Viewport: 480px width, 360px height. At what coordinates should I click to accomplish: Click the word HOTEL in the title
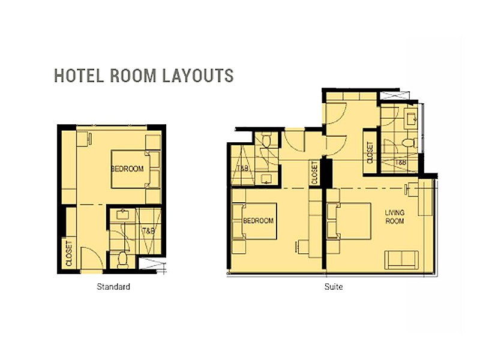coord(79,76)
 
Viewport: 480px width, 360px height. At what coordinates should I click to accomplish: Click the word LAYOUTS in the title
coord(198,76)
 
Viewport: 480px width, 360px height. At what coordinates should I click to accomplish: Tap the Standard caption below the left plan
coord(113,287)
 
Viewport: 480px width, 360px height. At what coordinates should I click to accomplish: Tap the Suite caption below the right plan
coord(334,287)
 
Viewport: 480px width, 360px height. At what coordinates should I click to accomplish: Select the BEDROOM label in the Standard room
coord(127,169)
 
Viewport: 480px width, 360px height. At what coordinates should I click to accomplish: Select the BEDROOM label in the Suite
coord(258,221)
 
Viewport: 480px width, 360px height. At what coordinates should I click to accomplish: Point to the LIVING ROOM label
coord(395,217)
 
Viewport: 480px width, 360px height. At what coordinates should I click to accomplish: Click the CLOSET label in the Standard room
coord(69,253)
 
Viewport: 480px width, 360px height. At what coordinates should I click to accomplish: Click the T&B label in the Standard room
coord(148,231)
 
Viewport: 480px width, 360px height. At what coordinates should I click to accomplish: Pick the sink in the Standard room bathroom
coord(123,214)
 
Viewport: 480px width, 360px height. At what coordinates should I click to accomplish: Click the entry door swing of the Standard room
coord(92,258)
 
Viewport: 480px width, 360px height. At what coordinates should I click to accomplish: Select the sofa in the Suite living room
coord(401,260)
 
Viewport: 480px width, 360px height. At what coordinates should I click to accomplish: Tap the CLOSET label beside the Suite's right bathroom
coord(370,152)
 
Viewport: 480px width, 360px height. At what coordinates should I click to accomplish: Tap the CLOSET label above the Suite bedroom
coord(314,173)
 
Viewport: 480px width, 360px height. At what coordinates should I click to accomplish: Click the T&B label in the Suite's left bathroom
coord(242,168)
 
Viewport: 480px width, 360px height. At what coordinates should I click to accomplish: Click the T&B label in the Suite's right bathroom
coord(401,162)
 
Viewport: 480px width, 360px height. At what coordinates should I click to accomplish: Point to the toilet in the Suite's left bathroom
coord(266,140)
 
